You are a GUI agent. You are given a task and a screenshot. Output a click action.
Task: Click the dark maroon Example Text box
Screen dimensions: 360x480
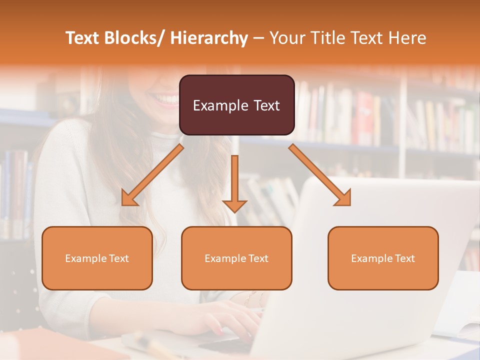[236, 105]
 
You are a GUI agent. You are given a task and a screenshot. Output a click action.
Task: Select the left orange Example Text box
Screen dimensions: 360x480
[97, 258]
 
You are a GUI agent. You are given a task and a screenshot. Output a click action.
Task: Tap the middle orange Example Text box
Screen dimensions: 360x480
[236, 258]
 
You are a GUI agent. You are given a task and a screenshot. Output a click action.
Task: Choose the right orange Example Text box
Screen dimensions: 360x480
[383, 258]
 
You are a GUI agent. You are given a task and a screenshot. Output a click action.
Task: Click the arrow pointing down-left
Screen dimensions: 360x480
[152, 175]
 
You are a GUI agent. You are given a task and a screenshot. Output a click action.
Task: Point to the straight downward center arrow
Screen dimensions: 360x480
[234, 182]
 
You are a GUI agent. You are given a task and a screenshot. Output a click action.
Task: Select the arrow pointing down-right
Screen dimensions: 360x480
[320, 175]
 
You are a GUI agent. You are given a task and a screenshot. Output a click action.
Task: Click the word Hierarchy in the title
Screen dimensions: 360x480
[209, 38]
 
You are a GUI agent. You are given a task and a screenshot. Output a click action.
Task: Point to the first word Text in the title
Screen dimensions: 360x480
[82, 38]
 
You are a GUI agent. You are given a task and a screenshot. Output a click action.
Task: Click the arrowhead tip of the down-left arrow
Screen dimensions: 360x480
[124, 203]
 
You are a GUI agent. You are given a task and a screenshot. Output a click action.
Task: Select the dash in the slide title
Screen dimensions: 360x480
[258, 38]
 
